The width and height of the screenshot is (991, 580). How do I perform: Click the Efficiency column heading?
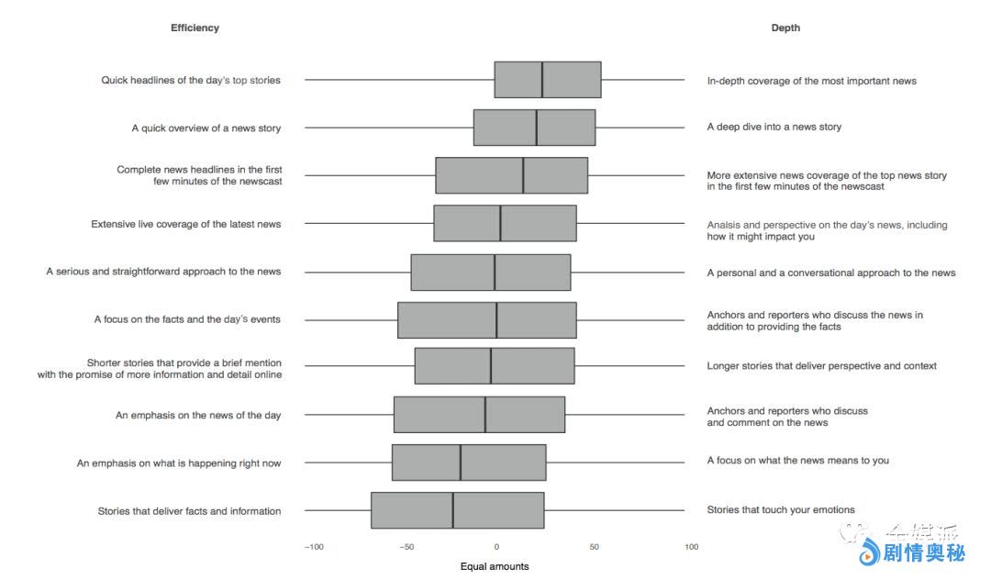click(195, 28)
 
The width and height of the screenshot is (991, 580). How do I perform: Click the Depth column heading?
click(785, 28)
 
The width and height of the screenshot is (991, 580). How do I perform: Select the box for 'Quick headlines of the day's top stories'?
click(548, 80)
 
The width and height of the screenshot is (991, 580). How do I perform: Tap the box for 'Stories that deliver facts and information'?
click(458, 510)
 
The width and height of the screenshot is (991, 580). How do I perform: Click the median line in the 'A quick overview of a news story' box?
click(537, 128)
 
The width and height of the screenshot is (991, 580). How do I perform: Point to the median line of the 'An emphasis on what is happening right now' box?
click(461, 463)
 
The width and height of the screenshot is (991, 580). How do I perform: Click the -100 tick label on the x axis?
click(314, 547)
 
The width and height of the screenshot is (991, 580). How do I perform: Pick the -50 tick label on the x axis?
click(407, 547)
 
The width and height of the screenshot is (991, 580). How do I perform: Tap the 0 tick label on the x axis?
click(496, 547)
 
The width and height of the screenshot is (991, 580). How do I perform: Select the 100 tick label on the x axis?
click(691, 547)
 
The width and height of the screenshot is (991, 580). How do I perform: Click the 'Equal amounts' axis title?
click(495, 566)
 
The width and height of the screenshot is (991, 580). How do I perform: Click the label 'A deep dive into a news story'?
click(774, 127)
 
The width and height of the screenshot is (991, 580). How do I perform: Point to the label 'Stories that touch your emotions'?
click(780, 509)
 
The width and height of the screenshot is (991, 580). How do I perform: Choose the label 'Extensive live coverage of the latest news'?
click(186, 224)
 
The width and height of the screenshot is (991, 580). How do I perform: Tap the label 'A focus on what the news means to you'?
click(797, 460)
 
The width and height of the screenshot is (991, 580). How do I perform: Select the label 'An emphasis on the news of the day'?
click(198, 415)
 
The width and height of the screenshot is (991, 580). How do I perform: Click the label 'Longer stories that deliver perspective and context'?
click(821, 365)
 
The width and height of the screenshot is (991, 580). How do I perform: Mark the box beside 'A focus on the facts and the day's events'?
click(487, 319)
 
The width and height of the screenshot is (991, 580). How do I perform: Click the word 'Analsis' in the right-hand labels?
click(726, 225)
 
